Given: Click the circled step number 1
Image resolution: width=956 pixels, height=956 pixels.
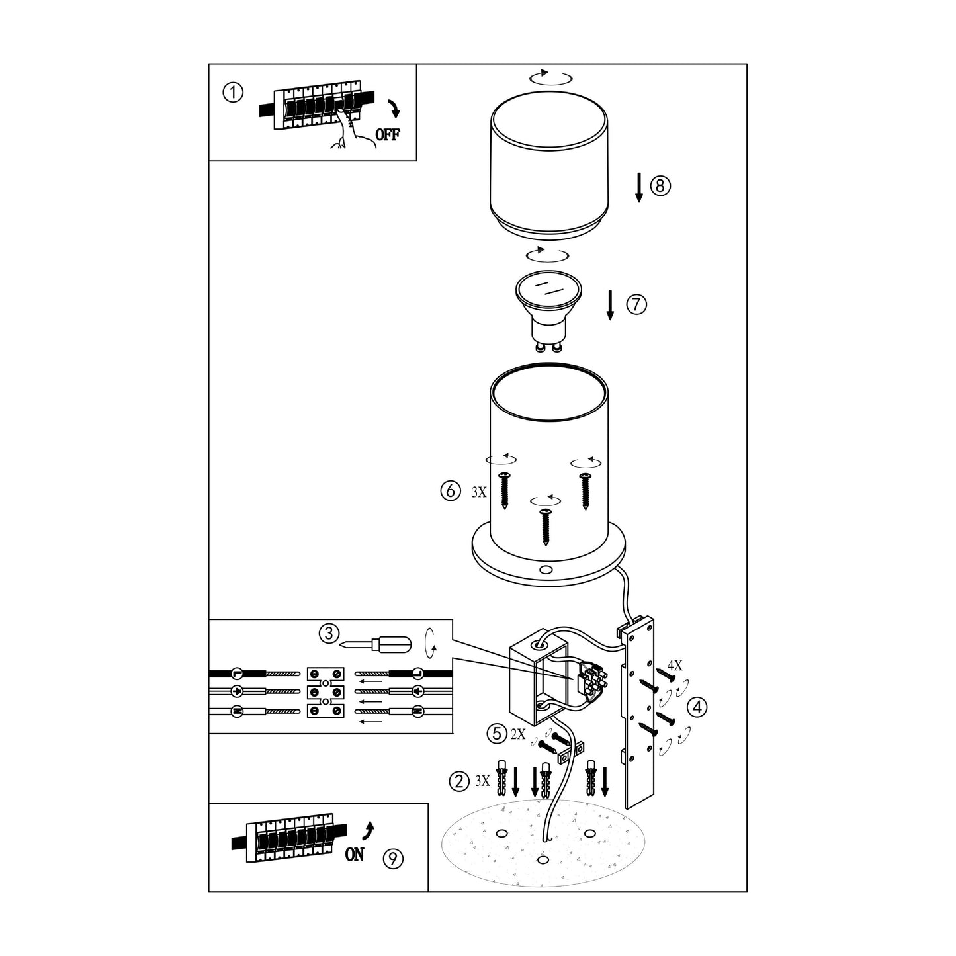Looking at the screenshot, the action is click(233, 93).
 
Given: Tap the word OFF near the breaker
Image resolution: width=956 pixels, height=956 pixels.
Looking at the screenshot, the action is click(388, 134).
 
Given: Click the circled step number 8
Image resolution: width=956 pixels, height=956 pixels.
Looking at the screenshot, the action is click(660, 185).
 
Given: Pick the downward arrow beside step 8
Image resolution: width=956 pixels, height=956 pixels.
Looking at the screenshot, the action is click(639, 187).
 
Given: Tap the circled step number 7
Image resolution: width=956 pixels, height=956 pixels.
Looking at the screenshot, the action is click(636, 304).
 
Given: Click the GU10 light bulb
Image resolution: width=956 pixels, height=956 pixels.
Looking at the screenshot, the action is click(548, 310).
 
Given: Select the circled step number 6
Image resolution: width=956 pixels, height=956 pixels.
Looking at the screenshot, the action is click(451, 491).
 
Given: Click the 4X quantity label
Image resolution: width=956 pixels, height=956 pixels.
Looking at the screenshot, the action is click(675, 666).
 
